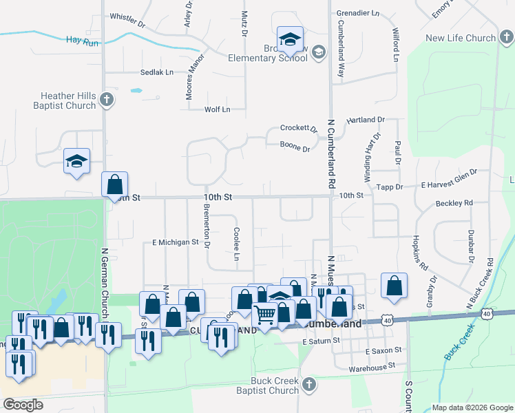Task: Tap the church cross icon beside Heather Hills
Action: click(x=106, y=100)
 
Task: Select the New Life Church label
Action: click(x=461, y=39)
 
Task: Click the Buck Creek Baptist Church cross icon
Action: click(x=308, y=385)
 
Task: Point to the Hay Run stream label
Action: click(x=83, y=41)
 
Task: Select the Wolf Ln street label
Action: click(x=217, y=109)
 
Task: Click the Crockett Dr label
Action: click(x=298, y=129)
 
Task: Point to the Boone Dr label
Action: click(x=296, y=144)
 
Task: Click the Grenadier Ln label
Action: click(x=357, y=12)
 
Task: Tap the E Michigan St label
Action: click(x=175, y=242)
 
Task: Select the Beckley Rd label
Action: click(x=454, y=203)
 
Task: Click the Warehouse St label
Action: click(x=368, y=368)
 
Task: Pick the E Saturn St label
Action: click(x=322, y=341)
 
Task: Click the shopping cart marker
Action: click(x=265, y=315)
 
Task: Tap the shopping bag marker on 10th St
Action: click(x=114, y=184)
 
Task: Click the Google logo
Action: click(x=23, y=405)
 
